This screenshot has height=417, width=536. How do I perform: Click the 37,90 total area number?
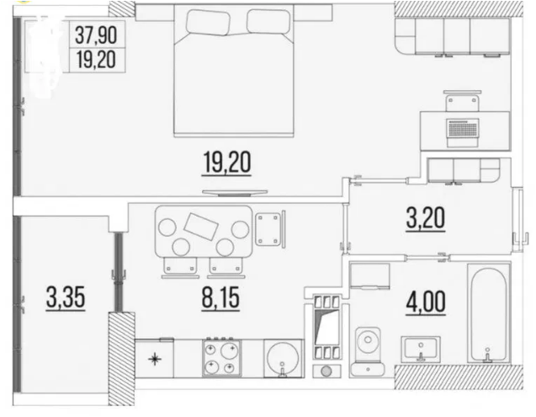96,35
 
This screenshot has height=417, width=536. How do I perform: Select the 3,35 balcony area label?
66,297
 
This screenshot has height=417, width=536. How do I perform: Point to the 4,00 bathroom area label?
426,302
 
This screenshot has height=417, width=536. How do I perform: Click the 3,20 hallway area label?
426,219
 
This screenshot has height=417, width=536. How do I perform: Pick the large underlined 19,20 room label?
227,163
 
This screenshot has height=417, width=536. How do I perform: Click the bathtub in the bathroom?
489,313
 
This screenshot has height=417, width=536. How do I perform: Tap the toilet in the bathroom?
368,351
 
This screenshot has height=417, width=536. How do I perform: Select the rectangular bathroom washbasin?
421,349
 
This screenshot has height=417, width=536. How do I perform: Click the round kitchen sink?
284,358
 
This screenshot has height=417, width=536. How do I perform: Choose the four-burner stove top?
222,358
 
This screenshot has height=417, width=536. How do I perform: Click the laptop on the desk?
463,132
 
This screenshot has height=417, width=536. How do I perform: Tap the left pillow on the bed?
208,22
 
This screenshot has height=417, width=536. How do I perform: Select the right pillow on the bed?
268,21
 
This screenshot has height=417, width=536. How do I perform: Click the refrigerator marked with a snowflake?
154,358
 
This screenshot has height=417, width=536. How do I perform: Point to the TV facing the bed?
235,193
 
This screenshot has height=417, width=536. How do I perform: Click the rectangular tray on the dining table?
201,226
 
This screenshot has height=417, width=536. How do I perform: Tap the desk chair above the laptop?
463,101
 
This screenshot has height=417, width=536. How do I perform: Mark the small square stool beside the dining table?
268,228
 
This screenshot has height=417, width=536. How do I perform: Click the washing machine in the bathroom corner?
370,276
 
